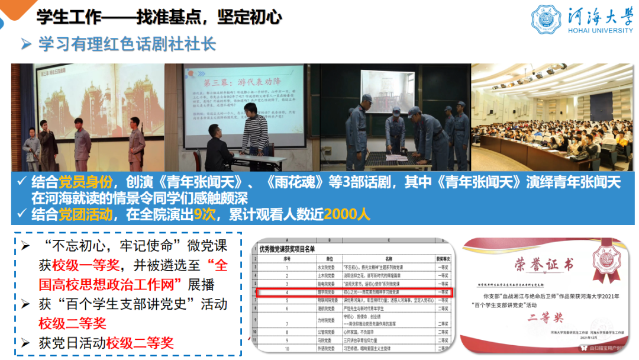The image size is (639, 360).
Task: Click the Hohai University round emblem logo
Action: point(547,20)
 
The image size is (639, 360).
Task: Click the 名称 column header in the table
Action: point(389,259)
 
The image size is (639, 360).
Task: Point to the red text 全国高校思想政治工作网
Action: point(131,274)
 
